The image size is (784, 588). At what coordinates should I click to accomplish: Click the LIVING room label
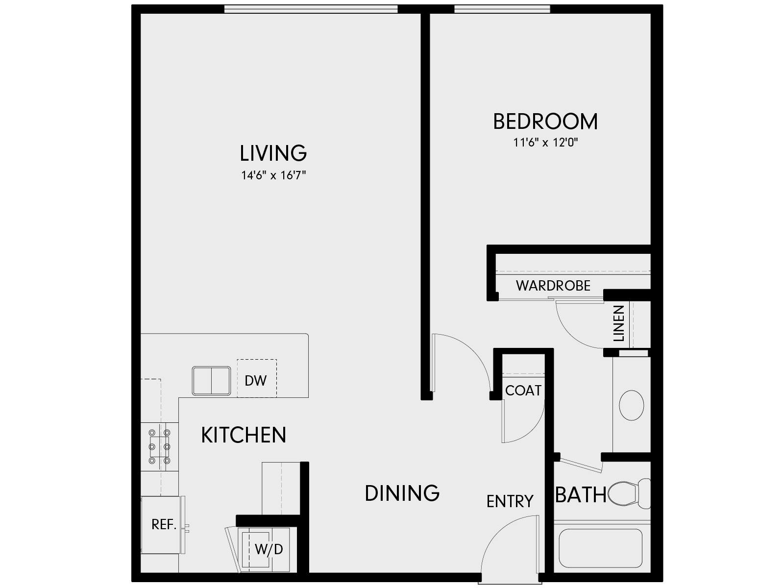[x=273, y=153]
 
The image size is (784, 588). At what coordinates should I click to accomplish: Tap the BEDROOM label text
[x=545, y=122]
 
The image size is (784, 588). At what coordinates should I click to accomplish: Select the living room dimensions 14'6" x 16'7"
[x=273, y=175]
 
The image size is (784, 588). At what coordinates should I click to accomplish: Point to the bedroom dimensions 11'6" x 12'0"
[x=546, y=143]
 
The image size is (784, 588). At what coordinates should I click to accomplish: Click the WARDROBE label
[x=553, y=286]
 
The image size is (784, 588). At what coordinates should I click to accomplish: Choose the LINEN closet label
[x=619, y=323]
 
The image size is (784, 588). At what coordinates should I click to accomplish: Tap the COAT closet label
[x=523, y=391]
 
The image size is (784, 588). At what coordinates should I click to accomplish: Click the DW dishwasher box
[x=256, y=380]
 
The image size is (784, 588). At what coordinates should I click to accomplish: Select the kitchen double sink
[x=211, y=381]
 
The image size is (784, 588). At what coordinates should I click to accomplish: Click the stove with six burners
[x=159, y=446]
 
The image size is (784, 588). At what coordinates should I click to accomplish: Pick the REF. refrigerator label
[x=164, y=524]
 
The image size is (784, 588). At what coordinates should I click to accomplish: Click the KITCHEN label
[x=244, y=435]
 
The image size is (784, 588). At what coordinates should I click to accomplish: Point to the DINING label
[x=402, y=493]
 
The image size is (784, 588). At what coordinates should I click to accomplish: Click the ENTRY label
[x=510, y=501]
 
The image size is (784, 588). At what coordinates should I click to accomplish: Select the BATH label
[x=581, y=495]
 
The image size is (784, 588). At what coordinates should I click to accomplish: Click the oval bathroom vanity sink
[x=632, y=405]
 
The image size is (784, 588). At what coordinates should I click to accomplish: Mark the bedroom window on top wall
[x=502, y=9]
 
